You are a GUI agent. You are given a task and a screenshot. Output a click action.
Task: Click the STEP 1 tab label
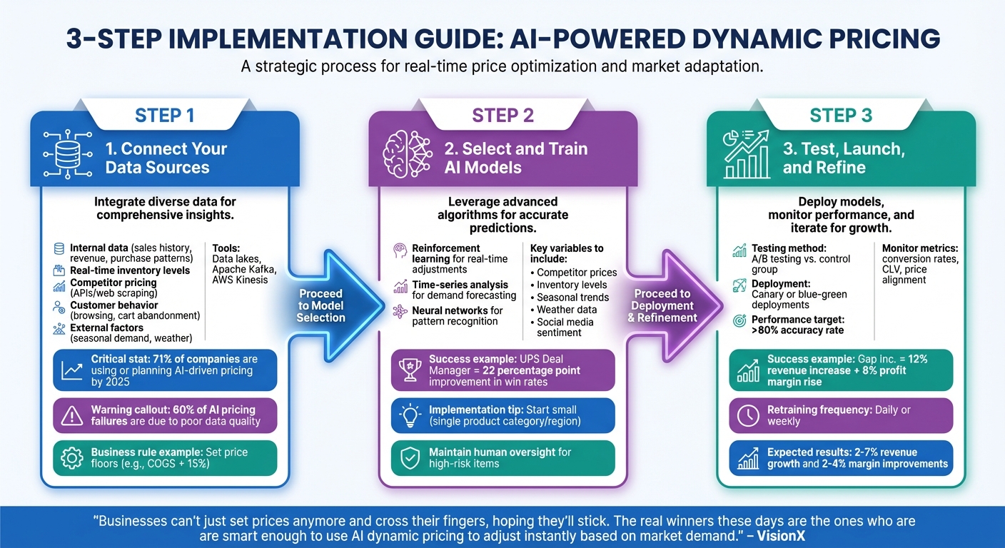coord(164,116)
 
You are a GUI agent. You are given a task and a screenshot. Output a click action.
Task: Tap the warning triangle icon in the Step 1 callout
coord(71,415)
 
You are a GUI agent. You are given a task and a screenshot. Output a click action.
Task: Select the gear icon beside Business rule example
coord(71,458)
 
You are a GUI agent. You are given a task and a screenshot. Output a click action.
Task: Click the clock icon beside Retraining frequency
coord(747,415)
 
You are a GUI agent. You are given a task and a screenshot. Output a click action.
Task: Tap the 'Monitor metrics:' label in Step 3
coord(920,248)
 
